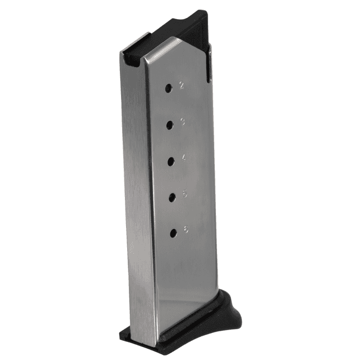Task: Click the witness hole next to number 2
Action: pyautogui.click(x=169, y=88)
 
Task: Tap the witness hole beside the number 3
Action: pyautogui.click(x=169, y=125)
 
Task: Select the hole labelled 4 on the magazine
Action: pyautogui.click(x=170, y=161)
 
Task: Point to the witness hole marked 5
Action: pyautogui.click(x=172, y=197)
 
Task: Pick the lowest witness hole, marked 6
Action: pyautogui.click(x=173, y=232)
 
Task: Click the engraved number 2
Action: pyautogui.click(x=182, y=85)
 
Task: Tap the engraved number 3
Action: pyautogui.click(x=183, y=122)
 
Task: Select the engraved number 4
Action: pyautogui.click(x=184, y=158)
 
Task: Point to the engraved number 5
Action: pyautogui.click(x=185, y=194)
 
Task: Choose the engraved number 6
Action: pyautogui.click(x=186, y=229)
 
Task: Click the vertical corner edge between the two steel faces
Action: pyautogui.click(x=147, y=197)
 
